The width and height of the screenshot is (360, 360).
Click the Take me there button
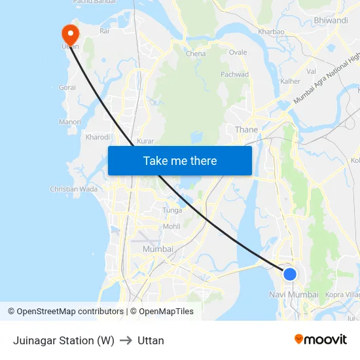180,160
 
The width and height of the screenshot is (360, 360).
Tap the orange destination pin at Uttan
69,35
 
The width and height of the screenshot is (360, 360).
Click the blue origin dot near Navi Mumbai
289,274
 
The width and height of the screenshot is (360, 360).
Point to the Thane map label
246,130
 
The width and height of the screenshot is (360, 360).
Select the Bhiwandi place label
331,20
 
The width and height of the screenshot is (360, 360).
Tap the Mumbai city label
158,249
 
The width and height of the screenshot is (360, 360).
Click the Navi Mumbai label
293,295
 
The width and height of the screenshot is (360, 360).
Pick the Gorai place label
67,87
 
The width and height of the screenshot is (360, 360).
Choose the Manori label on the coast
69,122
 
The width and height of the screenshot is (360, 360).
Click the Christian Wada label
73,189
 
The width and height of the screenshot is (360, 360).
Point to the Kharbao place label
271,31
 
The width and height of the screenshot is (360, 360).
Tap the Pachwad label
234,75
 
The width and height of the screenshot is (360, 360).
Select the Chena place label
196,54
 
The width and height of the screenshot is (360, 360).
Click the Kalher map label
290,82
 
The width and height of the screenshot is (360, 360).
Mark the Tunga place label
173,210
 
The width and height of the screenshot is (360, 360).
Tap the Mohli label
171,226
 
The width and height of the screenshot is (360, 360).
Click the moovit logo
321,340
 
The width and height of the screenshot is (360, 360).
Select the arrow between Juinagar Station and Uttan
126,340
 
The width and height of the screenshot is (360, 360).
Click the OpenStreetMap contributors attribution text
66,312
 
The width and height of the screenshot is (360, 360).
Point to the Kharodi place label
98,137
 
